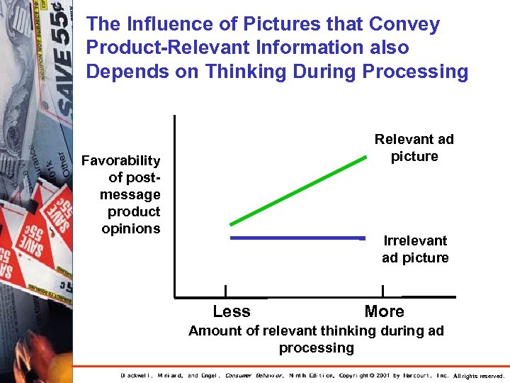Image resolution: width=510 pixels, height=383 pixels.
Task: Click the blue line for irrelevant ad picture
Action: click(297, 238)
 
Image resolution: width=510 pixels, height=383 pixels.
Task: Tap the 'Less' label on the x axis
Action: click(232, 311)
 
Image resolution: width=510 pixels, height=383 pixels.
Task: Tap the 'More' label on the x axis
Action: click(384, 311)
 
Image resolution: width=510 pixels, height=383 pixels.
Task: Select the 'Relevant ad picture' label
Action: click(414, 148)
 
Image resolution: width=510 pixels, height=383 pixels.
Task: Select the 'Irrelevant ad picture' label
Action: click(415, 249)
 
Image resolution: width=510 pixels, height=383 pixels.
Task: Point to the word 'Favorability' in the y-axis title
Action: click(121, 160)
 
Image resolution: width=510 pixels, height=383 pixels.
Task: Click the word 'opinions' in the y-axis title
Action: click(131, 228)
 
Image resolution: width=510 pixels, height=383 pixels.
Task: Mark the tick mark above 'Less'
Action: click(225, 291)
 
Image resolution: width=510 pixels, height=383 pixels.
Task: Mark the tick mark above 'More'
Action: click(382, 291)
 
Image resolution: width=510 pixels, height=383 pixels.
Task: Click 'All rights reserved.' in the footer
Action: click(479, 375)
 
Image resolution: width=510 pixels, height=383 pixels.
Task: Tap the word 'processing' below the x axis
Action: click(316, 348)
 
